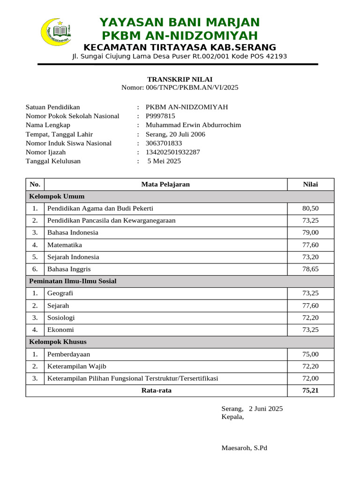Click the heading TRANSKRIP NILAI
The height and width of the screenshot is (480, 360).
coord(180,79)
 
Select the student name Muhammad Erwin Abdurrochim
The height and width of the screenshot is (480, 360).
coord(193,125)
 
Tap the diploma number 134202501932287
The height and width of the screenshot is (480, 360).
coord(173,152)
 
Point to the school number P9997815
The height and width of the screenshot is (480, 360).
coord(160,116)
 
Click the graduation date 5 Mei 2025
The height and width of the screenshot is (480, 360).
coord(164,161)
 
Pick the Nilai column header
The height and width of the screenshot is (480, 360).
coord(310,184)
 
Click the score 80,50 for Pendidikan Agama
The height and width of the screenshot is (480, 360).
coord(310,208)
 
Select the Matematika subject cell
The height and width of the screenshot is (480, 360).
coord(65,245)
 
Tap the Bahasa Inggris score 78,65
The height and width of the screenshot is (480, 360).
coord(310,269)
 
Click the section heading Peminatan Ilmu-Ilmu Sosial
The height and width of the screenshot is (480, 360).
coord(73,281)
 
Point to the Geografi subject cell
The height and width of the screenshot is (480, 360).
coord(60,293)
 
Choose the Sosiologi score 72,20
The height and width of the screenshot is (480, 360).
coord(310,318)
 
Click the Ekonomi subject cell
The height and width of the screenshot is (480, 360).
coord(60,330)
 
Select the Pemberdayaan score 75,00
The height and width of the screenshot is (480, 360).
coord(310,354)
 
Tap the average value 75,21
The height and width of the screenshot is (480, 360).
coord(310,390)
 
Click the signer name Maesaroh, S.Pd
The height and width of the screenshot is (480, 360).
coord(244,448)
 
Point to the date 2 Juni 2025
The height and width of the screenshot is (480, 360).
coord(266,409)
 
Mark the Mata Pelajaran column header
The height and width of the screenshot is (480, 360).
coord(165,184)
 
